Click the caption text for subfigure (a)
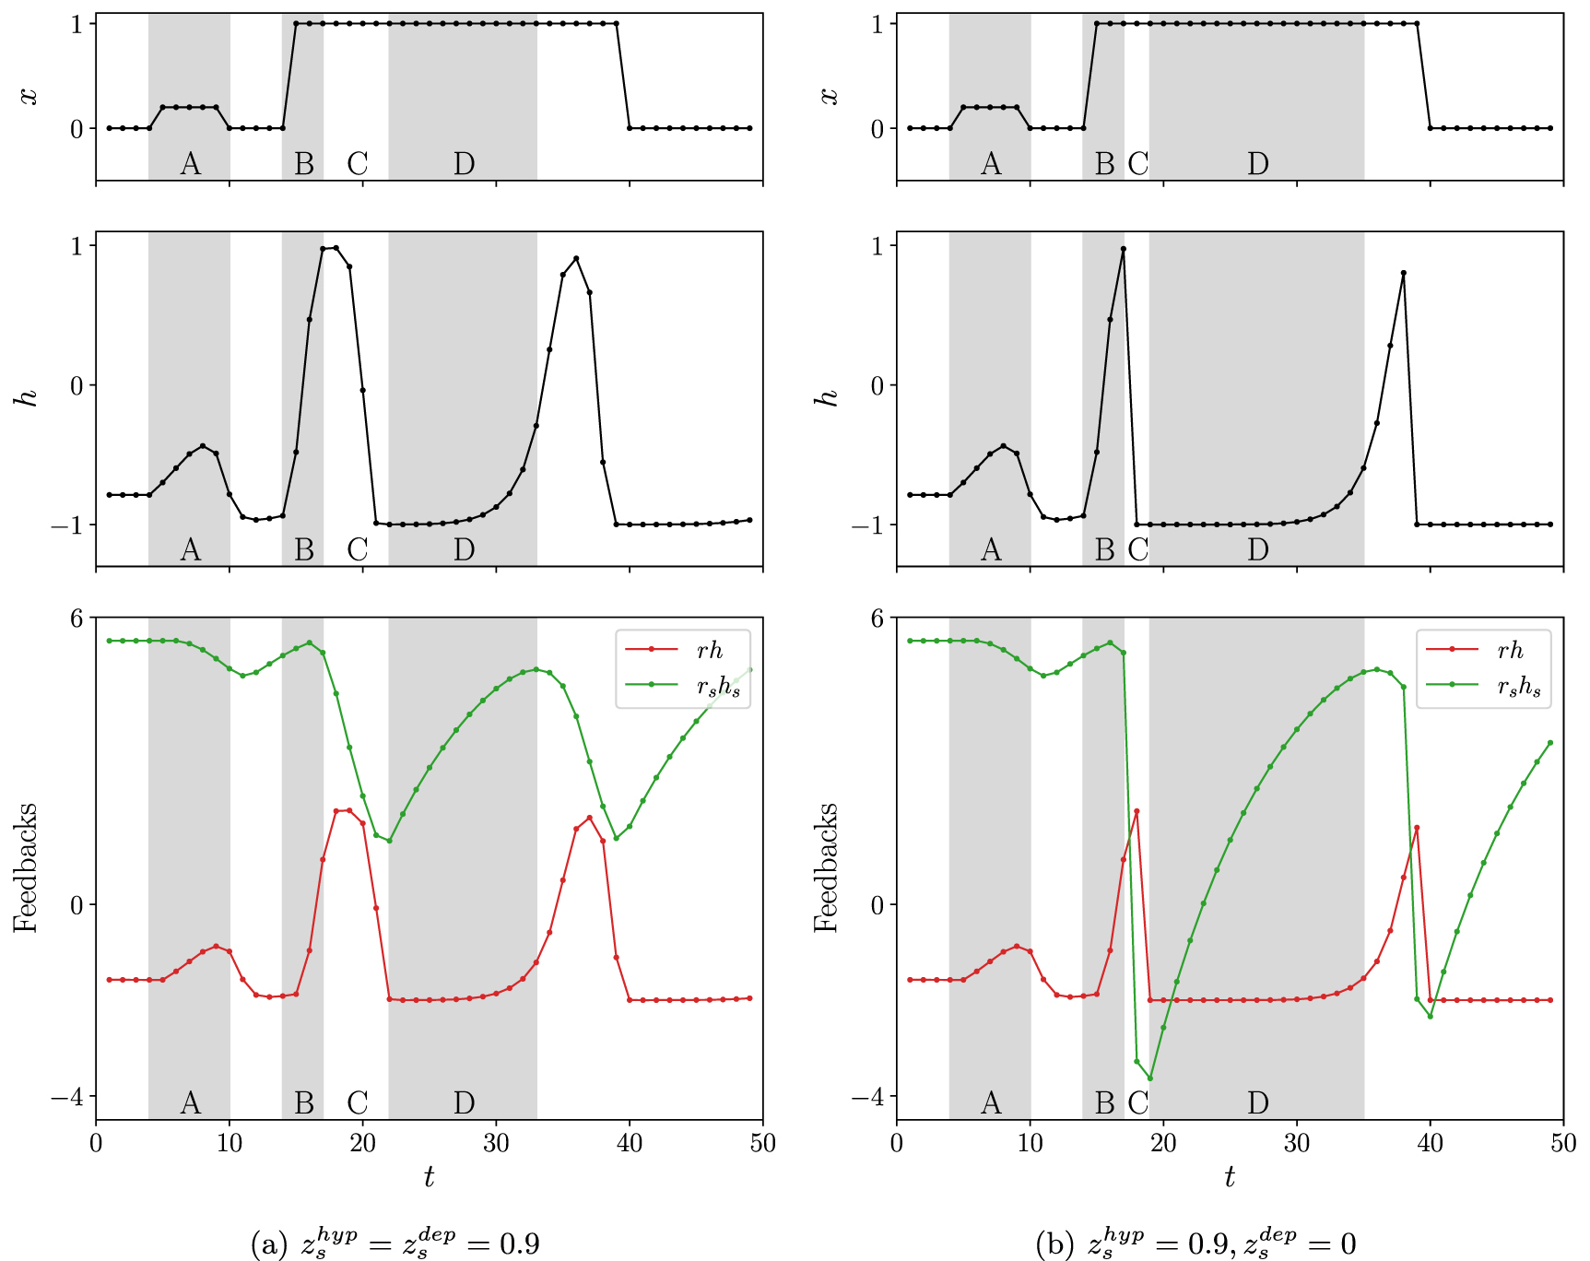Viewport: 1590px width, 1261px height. point(395,1243)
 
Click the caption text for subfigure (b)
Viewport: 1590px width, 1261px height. point(1195,1243)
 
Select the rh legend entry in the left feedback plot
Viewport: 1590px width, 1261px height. point(709,650)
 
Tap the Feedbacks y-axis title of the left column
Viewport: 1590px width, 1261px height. point(25,867)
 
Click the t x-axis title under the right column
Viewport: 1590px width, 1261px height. point(1229,1176)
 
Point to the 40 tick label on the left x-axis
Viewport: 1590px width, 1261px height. point(630,1144)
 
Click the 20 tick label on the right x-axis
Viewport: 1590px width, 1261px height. point(1163,1144)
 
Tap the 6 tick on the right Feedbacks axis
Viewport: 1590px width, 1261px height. point(877,618)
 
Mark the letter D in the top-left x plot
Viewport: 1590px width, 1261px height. point(464,164)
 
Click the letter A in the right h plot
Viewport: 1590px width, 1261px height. point(991,550)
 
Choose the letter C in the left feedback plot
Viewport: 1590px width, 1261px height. point(358,1102)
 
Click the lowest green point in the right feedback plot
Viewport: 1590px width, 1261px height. point(1149,1078)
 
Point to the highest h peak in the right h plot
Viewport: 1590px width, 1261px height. point(1123,249)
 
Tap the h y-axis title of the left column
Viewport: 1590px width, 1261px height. point(29,397)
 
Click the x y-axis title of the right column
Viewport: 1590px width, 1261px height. point(830,96)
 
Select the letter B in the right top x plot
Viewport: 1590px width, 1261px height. point(1104,164)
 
